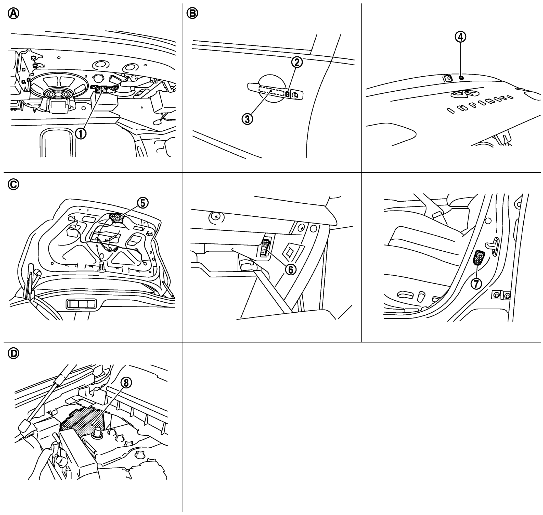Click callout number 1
click(81, 134)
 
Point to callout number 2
click(297, 62)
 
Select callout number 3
click(247, 119)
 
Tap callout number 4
click(461, 37)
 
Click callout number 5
click(143, 203)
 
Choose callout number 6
click(290, 269)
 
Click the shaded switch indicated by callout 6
click(265, 247)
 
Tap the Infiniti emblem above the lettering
click(462, 94)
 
